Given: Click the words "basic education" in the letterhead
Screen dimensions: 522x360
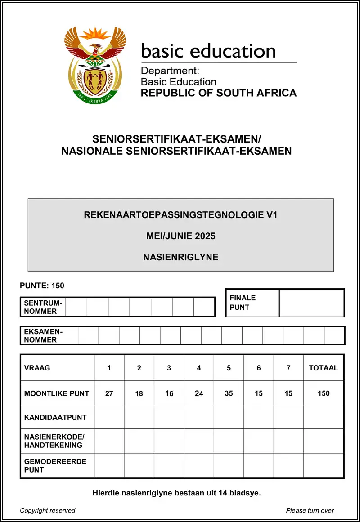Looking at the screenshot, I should coord(208,51).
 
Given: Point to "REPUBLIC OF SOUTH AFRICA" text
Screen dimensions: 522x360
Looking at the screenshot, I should coord(219,93).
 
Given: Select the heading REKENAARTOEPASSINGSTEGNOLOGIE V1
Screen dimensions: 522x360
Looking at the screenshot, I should coord(180,215).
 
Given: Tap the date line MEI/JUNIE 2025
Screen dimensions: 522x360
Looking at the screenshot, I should coord(180,236).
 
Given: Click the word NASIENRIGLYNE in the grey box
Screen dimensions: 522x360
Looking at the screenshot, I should coord(180,258).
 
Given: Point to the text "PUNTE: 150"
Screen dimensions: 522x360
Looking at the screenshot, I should coord(42,286).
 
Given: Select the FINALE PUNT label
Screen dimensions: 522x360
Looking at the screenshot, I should coord(243,303).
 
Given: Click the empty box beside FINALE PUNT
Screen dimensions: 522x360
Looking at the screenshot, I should coord(311,303).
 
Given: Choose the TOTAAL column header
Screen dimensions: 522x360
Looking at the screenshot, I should coord(323,368).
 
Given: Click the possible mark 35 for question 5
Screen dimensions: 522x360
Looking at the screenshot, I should coord(229,393).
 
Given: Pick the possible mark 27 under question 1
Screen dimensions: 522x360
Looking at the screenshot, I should coord(109,393).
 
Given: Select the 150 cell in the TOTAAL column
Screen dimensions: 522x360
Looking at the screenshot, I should coord(323,393).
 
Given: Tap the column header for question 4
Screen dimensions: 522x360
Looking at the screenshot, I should coord(199,368).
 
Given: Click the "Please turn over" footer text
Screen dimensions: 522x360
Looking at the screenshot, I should coord(310,510).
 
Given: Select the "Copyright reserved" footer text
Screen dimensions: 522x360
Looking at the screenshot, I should coord(48,510).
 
